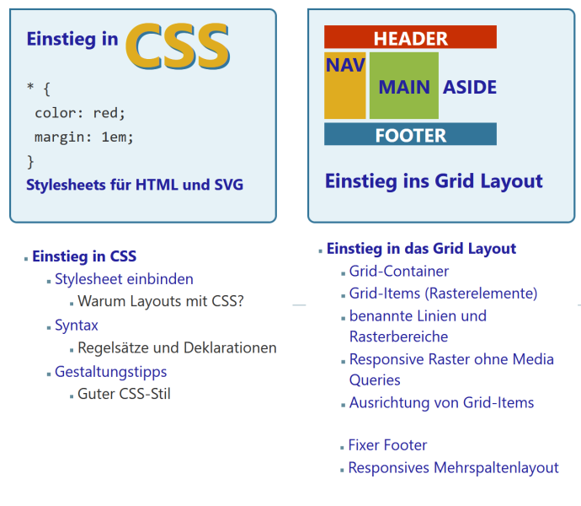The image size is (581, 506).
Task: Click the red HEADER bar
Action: tap(410, 38)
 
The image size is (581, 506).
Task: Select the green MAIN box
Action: tap(404, 87)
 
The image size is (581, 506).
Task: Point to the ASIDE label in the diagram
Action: tap(470, 88)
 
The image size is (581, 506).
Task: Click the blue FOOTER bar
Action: tap(410, 135)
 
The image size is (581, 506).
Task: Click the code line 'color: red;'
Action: tap(80, 112)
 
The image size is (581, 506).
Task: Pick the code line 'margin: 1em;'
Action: tap(84, 137)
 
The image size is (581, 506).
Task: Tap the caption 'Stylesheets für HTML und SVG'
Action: tap(135, 185)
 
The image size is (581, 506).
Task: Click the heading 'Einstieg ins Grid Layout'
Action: tap(434, 181)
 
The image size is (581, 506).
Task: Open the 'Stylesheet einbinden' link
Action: tap(124, 279)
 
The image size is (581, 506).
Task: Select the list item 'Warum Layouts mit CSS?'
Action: tap(161, 301)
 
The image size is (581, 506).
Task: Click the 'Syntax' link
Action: tap(77, 326)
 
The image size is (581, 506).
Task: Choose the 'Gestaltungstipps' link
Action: tap(111, 372)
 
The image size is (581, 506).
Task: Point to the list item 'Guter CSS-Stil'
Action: tap(124, 394)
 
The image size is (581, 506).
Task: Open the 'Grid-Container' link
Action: tap(399, 272)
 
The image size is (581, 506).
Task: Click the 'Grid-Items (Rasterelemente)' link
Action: tap(443, 293)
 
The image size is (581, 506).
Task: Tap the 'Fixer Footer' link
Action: tap(387, 445)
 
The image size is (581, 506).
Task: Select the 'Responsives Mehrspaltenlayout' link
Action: tap(453, 468)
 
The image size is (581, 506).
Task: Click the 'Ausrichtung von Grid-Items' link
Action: tap(441, 403)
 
